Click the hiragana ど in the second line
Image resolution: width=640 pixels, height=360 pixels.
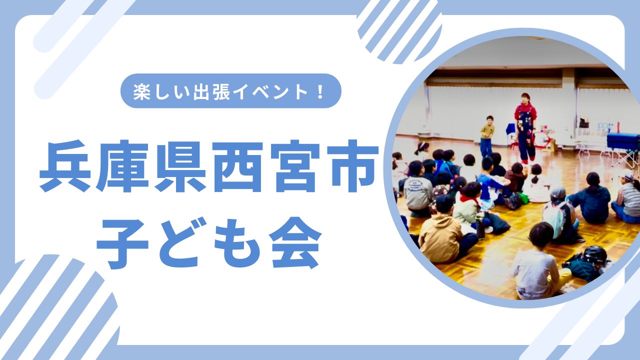(x=179, y=243)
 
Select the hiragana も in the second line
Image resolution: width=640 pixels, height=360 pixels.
(x=237, y=243)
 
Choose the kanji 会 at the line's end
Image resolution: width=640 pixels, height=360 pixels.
(x=295, y=243)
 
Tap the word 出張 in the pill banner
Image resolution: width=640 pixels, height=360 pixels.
(x=211, y=92)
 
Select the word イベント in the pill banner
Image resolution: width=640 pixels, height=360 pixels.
(x=270, y=92)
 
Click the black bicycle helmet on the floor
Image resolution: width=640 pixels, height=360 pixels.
(x=595, y=255)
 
